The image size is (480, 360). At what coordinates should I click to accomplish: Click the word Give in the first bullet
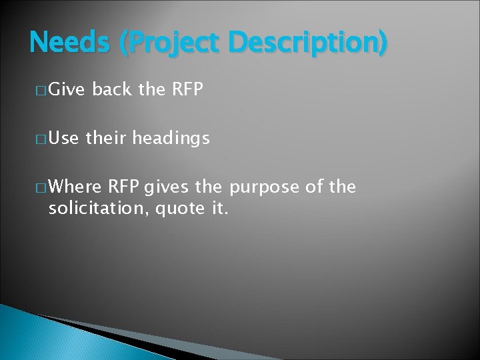pyautogui.click(x=67, y=90)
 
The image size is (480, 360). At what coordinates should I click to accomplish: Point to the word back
pyautogui.click(x=112, y=90)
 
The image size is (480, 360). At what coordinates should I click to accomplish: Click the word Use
pyautogui.click(x=64, y=138)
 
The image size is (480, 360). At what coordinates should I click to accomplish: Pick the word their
pyautogui.click(x=107, y=138)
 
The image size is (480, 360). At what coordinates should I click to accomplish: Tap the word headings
pyautogui.click(x=171, y=138)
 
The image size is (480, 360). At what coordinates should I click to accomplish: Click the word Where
pyautogui.click(x=75, y=187)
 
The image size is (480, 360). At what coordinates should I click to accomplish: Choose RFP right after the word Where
pyautogui.click(x=124, y=187)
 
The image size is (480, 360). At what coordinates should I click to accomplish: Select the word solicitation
pyautogui.click(x=99, y=209)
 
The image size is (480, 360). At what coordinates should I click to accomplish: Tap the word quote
pyautogui.click(x=179, y=209)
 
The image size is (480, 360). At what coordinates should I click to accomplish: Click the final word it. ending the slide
pyautogui.click(x=219, y=209)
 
